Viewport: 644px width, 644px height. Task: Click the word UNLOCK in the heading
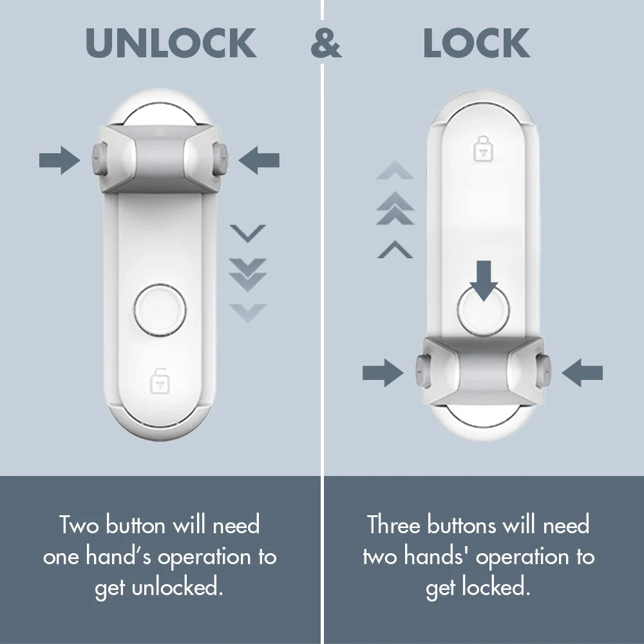tap(171, 43)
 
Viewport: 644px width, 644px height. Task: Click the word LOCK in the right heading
tap(477, 43)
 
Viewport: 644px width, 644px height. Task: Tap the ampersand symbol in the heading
tap(326, 43)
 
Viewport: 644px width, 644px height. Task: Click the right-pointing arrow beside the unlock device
tap(59, 160)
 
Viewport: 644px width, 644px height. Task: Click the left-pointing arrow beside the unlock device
tap(259, 160)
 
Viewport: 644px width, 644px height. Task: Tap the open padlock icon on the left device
tap(158, 381)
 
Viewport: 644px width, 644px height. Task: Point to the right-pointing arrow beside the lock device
tap(383, 373)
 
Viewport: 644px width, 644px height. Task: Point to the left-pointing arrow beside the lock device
tap(582, 373)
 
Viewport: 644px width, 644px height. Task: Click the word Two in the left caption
tap(80, 525)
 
